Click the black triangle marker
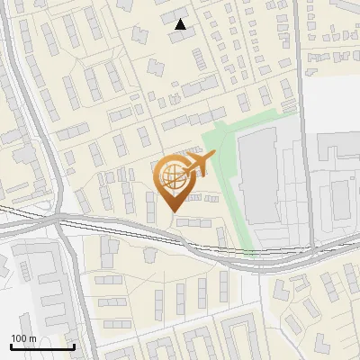181,24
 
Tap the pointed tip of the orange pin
172,212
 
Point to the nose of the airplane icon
214,155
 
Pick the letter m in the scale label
32,338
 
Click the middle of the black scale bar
42,346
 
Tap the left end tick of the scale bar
11,346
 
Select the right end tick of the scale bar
74,346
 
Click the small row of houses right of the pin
201,197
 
